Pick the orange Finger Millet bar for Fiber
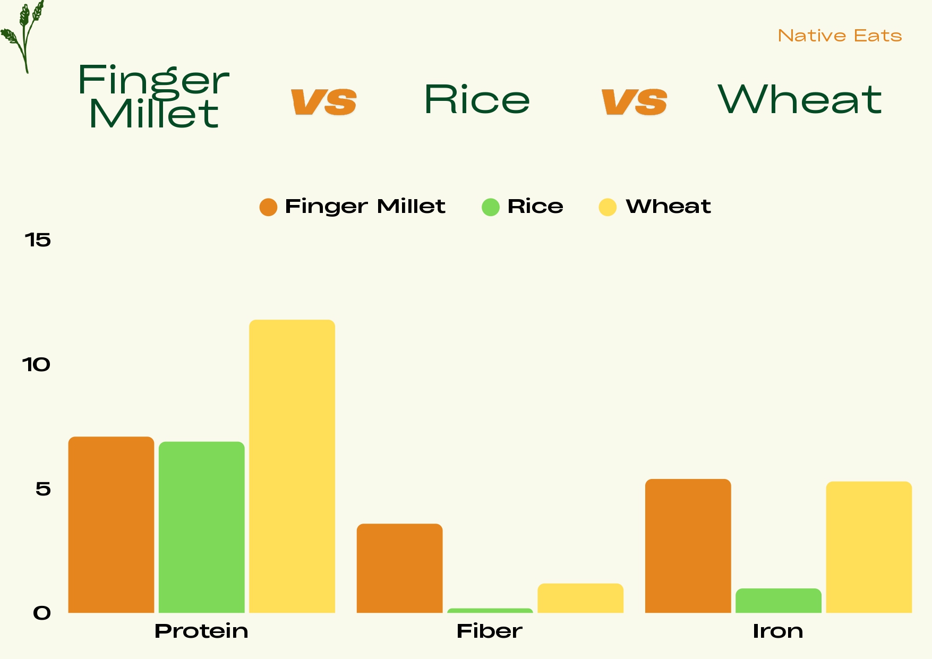[399, 568]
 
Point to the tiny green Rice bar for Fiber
[490, 611]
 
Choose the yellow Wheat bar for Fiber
[580, 598]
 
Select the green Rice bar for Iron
[778, 601]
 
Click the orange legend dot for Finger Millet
[268, 207]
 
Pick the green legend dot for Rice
[491, 207]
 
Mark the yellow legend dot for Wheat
[608, 207]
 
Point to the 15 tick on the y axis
[38, 240]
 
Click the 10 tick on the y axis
[36, 365]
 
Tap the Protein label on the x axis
[201, 631]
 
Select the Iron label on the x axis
[778, 631]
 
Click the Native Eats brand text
[840, 36]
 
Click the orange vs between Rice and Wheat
[634, 101]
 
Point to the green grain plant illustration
[23, 35]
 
